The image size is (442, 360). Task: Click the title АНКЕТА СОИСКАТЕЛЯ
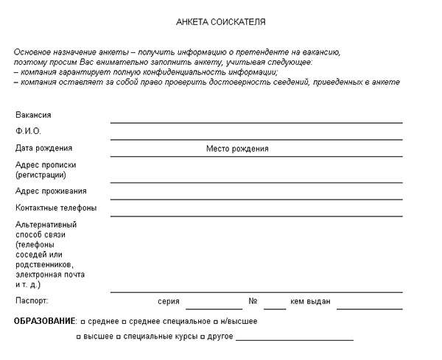(x=221, y=22)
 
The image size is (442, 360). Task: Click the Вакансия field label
(x=33, y=115)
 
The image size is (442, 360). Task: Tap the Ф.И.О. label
(x=28, y=131)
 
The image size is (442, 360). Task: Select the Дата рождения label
(x=43, y=148)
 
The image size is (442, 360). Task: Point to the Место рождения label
(x=237, y=149)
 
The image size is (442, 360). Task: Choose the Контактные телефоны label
(x=56, y=208)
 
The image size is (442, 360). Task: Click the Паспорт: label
(x=32, y=301)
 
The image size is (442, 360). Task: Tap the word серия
(x=169, y=302)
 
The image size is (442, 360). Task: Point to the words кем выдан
(x=310, y=302)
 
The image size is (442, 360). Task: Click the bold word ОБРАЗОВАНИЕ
(x=44, y=322)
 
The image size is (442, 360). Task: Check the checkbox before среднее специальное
(x=124, y=322)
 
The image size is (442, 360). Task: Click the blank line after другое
(x=295, y=339)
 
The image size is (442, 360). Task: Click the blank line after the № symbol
(x=275, y=308)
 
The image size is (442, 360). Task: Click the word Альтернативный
(x=46, y=225)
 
